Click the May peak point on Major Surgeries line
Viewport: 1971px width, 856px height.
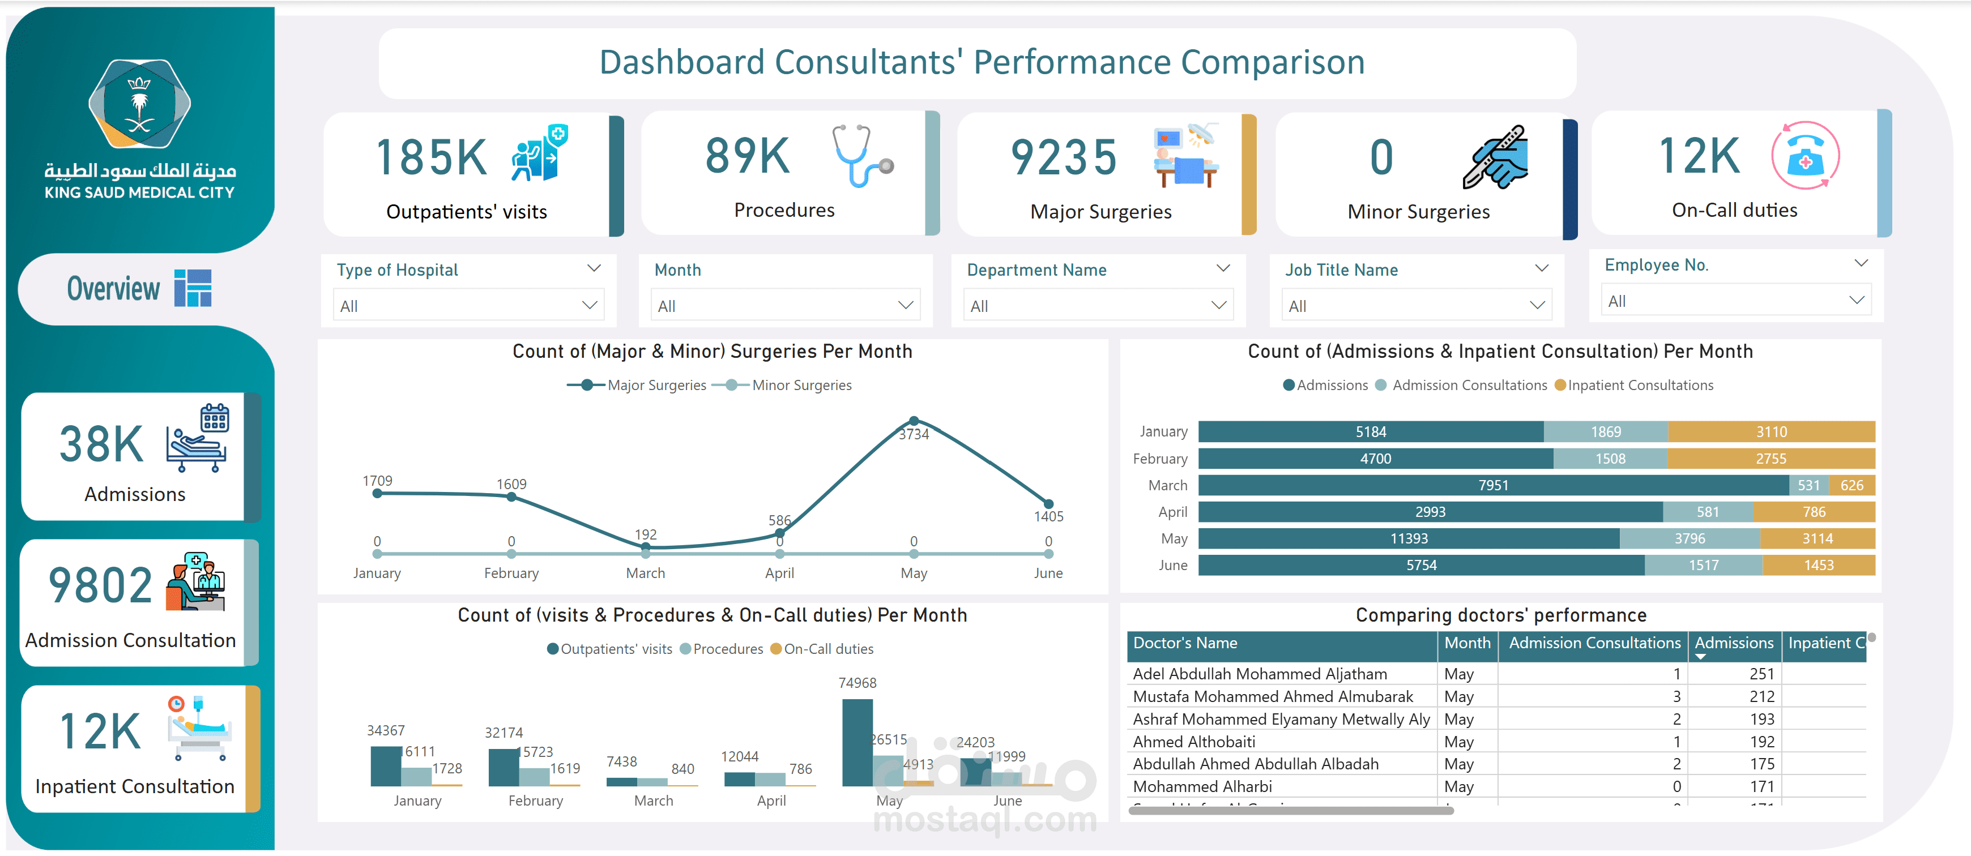pyautogui.click(x=914, y=421)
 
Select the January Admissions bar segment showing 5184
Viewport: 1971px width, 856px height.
pyautogui.click(x=1371, y=431)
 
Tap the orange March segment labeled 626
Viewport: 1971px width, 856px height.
pyautogui.click(x=1851, y=485)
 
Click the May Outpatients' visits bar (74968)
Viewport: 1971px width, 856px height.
pyautogui.click(x=857, y=742)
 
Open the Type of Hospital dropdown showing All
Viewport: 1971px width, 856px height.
pyautogui.click(x=468, y=306)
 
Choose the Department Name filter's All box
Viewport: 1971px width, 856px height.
pyautogui.click(x=1098, y=306)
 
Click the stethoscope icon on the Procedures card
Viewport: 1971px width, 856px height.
pyautogui.click(x=862, y=156)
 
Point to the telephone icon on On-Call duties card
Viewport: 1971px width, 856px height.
pyautogui.click(x=1805, y=156)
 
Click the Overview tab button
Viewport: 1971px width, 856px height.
pyautogui.click(x=138, y=288)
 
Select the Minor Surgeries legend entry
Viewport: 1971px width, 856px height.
pyautogui.click(x=801, y=385)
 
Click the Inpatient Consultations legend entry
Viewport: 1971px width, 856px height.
pyautogui.click(x=1640, y=385)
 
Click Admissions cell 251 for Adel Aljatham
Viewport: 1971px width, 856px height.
pyautogui.click(x=1761, y=674)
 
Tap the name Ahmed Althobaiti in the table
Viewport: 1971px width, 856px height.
pyautogui.click(x=1193, y=741)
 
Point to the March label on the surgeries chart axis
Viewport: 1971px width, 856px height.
pyautogui.click(x=645, y=573)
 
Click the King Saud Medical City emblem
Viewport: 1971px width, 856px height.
pyautogui.click(x=139, y=104)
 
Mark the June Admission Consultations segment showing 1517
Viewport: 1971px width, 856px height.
pyautogui.click(x=1703, y=566)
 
